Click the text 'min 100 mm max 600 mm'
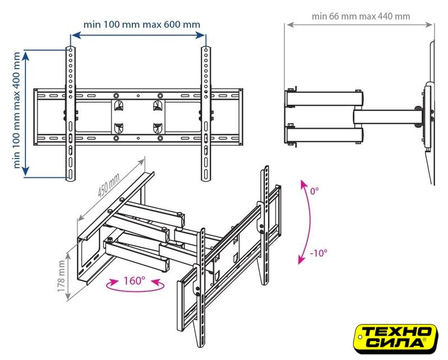142,25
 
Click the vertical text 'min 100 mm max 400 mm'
16,110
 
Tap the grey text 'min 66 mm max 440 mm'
361,16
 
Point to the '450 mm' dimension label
108,186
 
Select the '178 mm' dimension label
61,276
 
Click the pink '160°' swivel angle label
134,281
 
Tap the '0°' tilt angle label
314,191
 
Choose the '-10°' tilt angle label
318,253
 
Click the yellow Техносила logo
396,339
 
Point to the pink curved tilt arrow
309,222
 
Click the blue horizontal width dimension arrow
138,35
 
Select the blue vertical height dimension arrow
26,114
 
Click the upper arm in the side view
324,98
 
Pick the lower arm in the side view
324,135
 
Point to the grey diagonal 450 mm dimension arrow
111,190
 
